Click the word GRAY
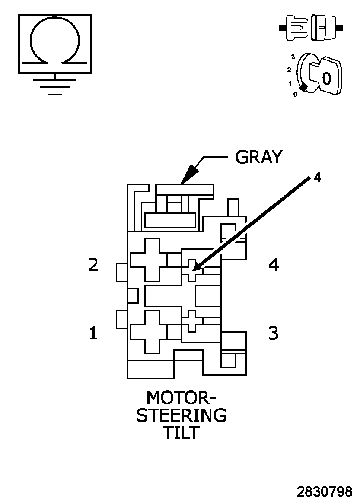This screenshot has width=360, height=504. pyautogui.click(x=258, y=157)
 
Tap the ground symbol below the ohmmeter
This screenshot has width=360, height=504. pyautogui.click(x=55, y=86)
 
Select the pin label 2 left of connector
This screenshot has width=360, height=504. pyautogui.click(x=93, y=265)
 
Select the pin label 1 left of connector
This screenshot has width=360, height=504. pyautogui.click(x=93, y=333)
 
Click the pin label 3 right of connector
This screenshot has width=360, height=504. pyautogui.click(x=273, y=333)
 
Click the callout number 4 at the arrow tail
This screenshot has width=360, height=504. pyautogui.click(x=317, y=178)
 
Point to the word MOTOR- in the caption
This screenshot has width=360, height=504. pyautogui.click(x=181, y=397)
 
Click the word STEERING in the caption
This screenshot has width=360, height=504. pyautogui.click(x=181, y=415)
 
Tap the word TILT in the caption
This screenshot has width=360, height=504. pyautogui.click(x=181, y=432)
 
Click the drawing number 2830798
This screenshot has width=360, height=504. pyautogui.click(x=324, y=491)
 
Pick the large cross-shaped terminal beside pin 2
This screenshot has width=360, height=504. pyautogui.click(x=148, y=259)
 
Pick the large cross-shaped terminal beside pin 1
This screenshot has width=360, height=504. pyautogui.click(x=148, y=331)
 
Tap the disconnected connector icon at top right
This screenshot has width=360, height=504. pyautogui.click(x=312, y=28)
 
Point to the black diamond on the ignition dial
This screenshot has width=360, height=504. pyautogui.click(x=304, y=87)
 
